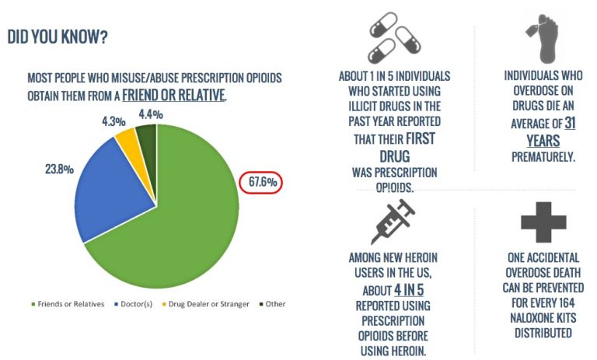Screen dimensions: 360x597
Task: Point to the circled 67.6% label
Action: (x=261, y=183)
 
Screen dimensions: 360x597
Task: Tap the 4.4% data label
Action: (x=149, y=114)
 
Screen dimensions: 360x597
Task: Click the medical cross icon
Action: (x=541, y=219)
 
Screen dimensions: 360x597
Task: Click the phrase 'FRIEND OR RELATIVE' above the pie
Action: (x=175, y=96)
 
